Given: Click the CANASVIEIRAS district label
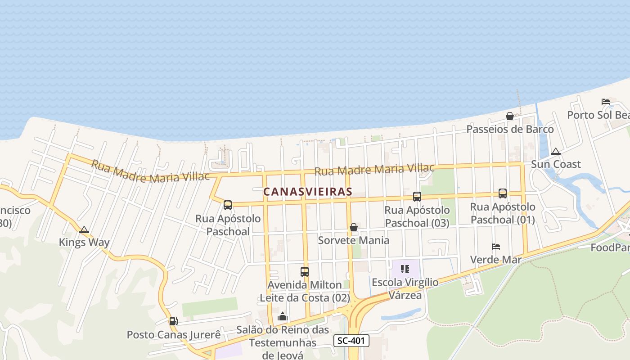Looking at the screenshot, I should tap(308, 192).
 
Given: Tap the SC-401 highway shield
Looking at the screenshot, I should tap(351, 341).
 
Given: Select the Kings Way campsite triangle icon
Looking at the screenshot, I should tap(84, 230).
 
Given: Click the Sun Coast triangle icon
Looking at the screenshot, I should tap(556, 152).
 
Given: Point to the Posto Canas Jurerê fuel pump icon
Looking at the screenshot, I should tap(173, 321).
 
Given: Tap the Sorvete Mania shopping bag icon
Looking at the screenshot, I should tap(354, 227).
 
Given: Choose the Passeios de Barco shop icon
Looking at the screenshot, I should tap(510, 117).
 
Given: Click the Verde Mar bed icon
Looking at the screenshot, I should tap(496, 247).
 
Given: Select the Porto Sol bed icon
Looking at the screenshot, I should tap(606, 102).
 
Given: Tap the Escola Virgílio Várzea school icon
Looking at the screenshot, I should tap(405, 270).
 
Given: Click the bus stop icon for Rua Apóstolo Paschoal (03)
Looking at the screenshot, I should tap(417, 197).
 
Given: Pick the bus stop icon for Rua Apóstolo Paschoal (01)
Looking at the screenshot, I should tap(503, 193).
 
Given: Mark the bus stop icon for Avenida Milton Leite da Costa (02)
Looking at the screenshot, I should tap(305, 272).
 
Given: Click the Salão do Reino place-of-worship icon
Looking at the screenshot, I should tap(283, 317).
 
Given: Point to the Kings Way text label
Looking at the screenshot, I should tap(84, 243).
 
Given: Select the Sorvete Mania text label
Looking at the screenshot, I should tap(354, 240).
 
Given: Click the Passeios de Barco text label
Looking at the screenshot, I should tap(510, 130).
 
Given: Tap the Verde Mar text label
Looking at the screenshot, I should tap(496, 260).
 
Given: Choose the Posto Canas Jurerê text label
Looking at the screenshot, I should tap(174, 335).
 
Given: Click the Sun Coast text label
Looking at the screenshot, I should tap(556, 164).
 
